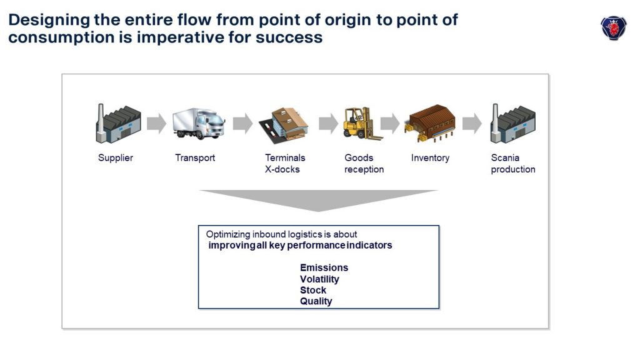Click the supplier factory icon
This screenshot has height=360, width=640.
(x=118, y=124)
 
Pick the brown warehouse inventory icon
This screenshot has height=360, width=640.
(x=431, y=123)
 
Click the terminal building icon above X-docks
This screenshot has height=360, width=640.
(x=284, y=124)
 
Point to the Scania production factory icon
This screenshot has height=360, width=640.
(x=512, y=124)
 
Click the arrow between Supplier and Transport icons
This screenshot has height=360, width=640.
(x=156, y=124)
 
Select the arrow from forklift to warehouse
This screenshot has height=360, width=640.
(x=390, y=124)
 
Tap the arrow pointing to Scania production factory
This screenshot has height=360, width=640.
(x=472, y=124)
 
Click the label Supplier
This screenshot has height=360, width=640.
(x=116, y=158)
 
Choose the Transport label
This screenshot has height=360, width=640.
(x=195, y=158)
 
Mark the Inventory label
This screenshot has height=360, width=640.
(x=430, y=158)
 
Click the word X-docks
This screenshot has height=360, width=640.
(x=282, y=169)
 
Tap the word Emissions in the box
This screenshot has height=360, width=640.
(x=324, y=267)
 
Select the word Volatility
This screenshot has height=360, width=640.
(x=319, y=279)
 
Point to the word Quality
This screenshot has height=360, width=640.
(x=316, y=301)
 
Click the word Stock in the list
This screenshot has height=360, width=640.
(x=313, y=290)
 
